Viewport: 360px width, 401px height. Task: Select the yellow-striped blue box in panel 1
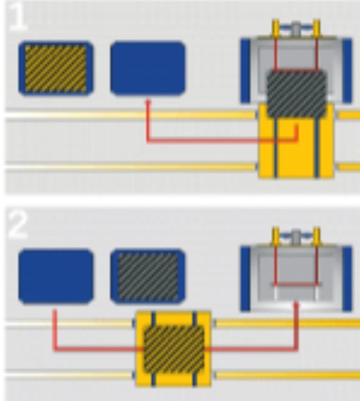tap(56, 68)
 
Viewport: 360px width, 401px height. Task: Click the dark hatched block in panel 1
tap(296, 94)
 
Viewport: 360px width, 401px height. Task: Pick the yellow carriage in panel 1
tap(296, 154)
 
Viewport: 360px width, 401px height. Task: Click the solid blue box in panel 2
tap(56, 275)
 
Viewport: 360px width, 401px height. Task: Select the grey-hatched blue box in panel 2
tap(148, 275)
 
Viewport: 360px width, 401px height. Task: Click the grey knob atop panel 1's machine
tap(296, 28)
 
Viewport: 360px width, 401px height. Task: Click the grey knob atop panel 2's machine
tap(296, 237)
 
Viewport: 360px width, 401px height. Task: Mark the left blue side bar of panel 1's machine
tap(245, 71)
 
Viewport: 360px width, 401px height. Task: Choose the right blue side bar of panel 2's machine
tap(347, 278)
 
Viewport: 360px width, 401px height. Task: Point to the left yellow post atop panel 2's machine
tap(275, 236)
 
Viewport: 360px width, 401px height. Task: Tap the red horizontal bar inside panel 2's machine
tap(296, 284)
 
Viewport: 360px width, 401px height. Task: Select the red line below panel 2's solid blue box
tap(55, 329)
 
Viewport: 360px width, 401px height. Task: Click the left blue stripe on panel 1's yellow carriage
tap(276, 149)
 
